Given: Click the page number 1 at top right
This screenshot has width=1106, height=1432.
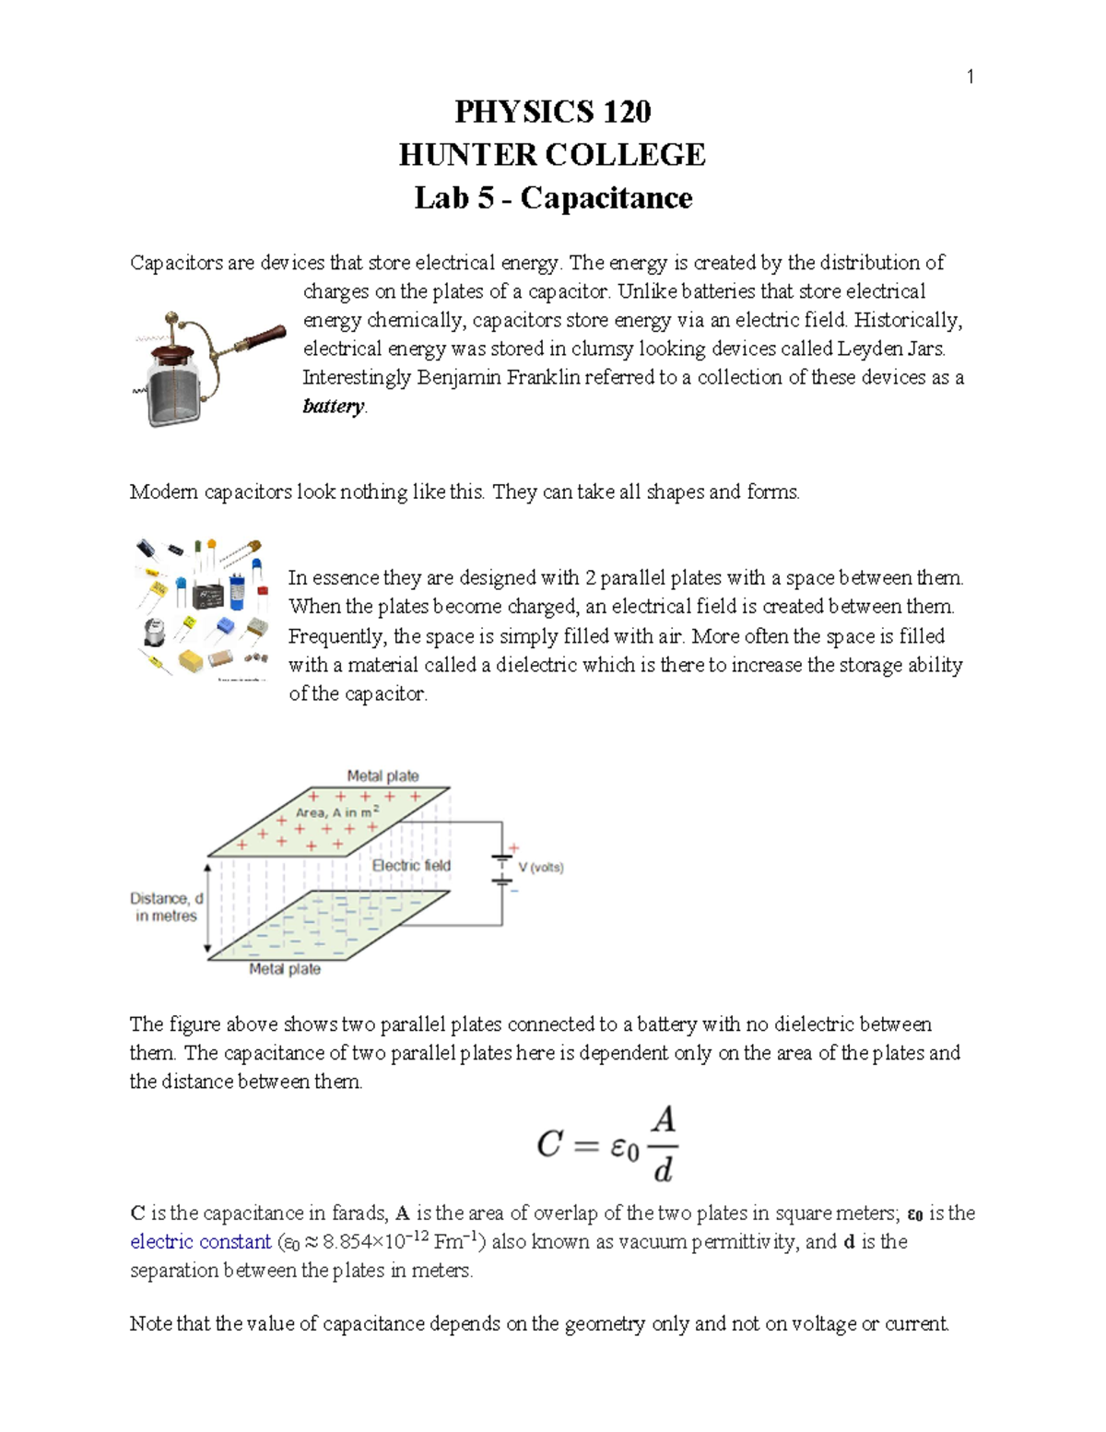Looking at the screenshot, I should pyautogui.click(x=970, y=77).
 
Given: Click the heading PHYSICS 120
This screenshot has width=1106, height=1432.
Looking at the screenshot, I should pyautogui.click(x=552, y=112).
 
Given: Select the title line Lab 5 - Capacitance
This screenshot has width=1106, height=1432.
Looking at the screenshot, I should pyautogui.click(x=552, y=198).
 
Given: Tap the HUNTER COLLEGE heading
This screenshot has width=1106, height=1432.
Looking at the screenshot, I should pyautogui.click(x=552, y=155).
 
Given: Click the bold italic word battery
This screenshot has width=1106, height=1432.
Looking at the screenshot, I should pyautogui.click(x=334, y=407).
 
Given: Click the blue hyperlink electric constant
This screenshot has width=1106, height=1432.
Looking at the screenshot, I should pyautogui.click(x=200, y=1242).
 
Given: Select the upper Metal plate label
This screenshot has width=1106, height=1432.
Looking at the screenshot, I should pyautogui.click(x=382, y=776).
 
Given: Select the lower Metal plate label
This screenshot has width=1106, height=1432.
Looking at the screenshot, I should pyautogui.click(x=285, y=969).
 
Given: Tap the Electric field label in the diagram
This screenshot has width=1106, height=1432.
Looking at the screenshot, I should pyautogui.click(x=411, y=866).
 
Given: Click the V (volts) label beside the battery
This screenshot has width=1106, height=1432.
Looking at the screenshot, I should pyautogui.click(x=540, y=868).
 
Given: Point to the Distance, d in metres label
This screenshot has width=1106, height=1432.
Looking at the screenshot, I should pyautogui.click(x=166, y=907).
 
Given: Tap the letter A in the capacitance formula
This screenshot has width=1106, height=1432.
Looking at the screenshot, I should pyautogui.click(x=664, y=1120).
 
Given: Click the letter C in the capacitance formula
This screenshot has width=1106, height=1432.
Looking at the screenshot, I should pyautogui.click(x=549, y=1145).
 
